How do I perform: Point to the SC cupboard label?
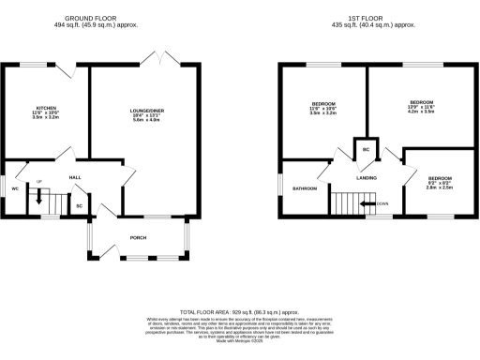click(79, 205)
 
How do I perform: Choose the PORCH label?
click(138, 238)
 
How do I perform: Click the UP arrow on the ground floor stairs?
click(39, 195)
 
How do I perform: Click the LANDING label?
click(366, 176)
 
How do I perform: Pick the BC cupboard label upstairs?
click(366, 150)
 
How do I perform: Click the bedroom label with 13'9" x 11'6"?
click(421, 101)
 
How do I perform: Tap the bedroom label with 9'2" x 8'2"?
click(440, 178)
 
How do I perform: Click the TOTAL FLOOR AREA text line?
click(239, 311)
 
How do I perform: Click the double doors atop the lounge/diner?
click(160, 60)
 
